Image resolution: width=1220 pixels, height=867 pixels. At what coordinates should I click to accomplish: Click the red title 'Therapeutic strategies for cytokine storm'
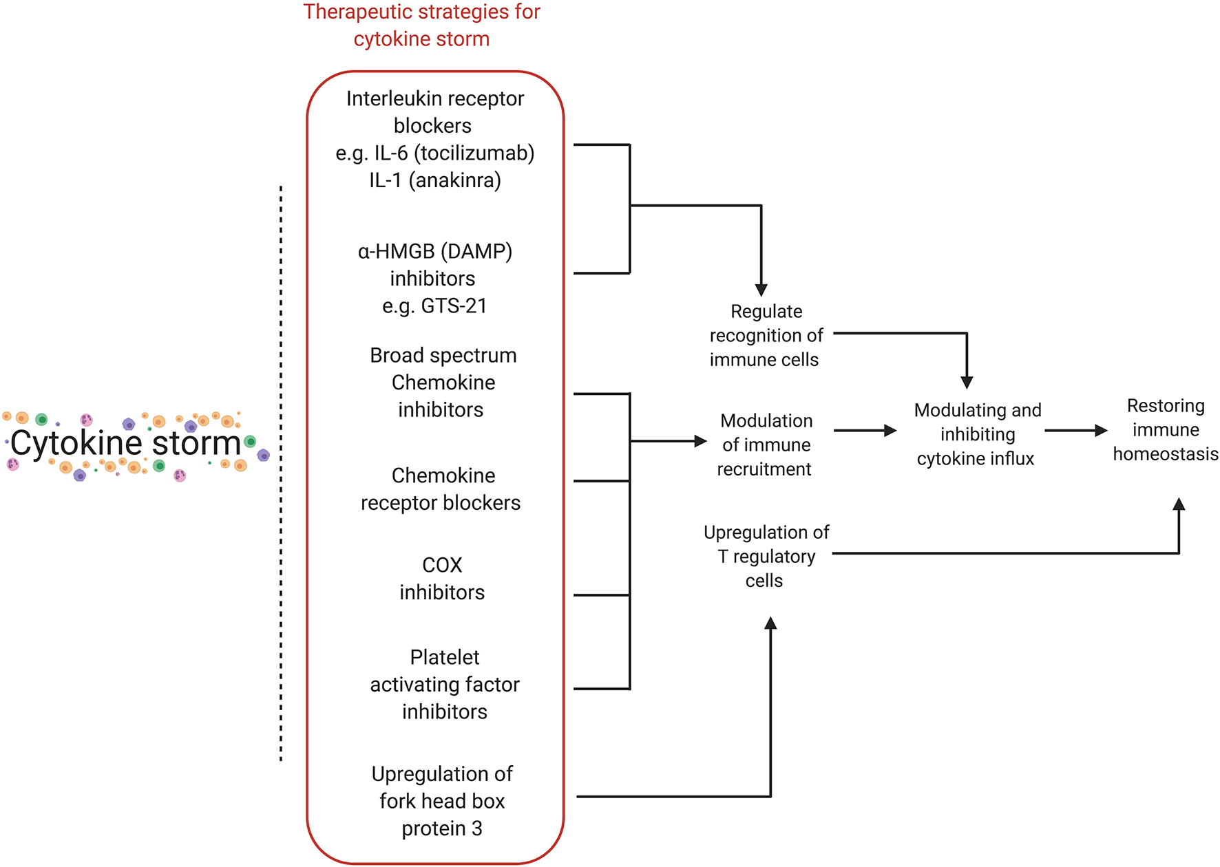(421, 25)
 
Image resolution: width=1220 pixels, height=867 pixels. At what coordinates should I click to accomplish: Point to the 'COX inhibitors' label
(442, 579)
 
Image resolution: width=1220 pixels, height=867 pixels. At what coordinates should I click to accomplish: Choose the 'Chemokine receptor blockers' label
(441, 489)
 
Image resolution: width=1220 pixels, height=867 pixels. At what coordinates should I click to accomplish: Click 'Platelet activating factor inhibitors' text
(445, 685)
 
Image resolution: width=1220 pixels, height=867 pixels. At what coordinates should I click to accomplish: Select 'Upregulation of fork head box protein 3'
(442, 801)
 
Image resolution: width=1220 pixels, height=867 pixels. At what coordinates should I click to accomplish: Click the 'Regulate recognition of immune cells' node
(766, 336)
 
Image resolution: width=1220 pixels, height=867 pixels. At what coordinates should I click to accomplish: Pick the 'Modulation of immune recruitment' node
(766, 445)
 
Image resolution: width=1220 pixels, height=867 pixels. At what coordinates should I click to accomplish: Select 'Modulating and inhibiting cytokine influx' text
(977, 434)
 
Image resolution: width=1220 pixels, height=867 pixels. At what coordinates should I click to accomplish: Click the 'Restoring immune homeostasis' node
(1166, 430)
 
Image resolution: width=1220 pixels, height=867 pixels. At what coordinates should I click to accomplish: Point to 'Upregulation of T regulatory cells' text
(766, 557)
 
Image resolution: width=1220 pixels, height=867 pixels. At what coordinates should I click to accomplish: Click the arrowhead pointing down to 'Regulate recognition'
(761, 290)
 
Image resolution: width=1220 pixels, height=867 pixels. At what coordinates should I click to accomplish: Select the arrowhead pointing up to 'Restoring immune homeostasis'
(1179, 504)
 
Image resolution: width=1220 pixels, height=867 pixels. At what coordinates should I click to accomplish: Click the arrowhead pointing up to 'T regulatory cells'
(770, 623)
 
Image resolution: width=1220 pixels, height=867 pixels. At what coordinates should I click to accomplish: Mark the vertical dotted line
(281, 475)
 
